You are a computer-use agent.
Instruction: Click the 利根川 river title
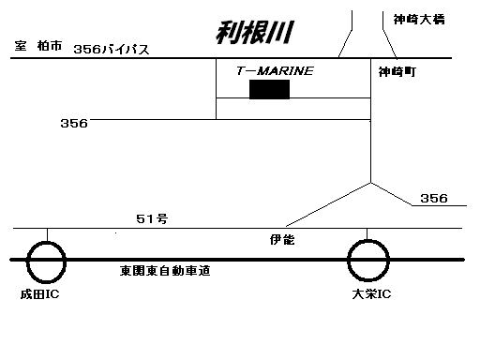pos(255,32)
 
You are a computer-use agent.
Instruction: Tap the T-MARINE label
pos(275,71)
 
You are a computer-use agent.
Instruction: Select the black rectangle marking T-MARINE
pos(269,89)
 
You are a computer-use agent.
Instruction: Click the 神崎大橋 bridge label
pos(419,20)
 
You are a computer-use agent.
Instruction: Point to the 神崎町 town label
pos(397,72)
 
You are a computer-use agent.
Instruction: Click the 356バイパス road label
pos(112,50)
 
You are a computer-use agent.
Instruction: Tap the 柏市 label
pos(50,46)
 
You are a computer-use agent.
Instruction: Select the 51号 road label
pos(152,218)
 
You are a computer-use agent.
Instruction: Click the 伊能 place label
pos(282,240)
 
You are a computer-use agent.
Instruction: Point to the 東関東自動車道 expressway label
pos(165,271)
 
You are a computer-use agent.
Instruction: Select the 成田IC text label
pos(39,294)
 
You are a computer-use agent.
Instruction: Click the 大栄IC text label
pos(371,294)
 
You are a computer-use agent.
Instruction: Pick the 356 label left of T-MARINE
pos(74,123)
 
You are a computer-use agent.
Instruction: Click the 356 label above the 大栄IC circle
pos(434,198)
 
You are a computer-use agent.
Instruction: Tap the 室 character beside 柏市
pos(21,46)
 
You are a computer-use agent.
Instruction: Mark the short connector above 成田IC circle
pos(47,234)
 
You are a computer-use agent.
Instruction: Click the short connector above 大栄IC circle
pos(367,234)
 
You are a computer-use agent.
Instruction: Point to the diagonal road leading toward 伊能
pos(328,204)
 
